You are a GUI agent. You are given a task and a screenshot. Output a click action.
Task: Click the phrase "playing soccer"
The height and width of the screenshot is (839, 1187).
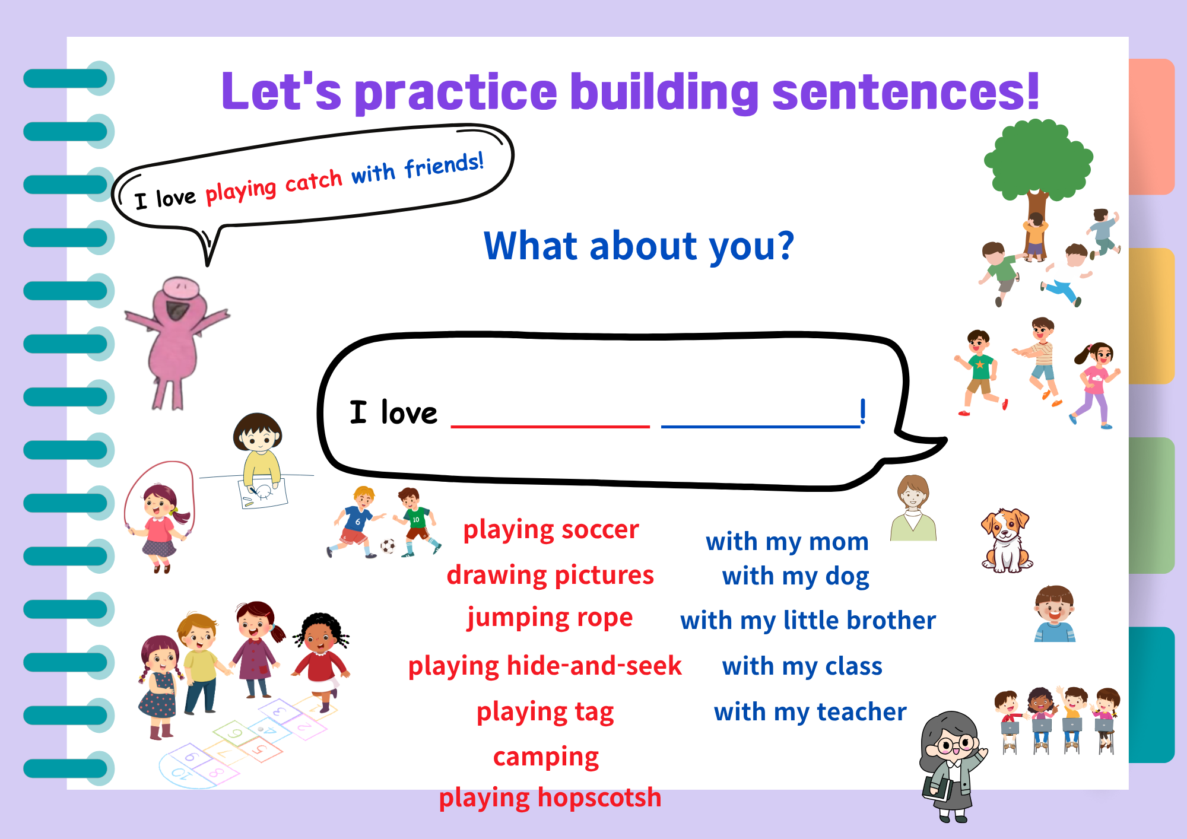pos(551,530)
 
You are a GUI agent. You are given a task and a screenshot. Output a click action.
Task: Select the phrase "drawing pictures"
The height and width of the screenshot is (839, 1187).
pos(550,576)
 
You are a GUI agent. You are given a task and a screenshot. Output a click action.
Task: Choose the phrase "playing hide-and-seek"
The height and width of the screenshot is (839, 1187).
pos(545,666)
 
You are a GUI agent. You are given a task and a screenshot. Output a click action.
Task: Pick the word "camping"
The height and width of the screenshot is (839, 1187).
pos(546,758)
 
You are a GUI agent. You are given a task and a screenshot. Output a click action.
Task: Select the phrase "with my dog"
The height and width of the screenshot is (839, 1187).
pos(795,577)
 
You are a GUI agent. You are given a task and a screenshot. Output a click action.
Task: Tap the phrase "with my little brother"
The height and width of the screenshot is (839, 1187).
pos(808,621)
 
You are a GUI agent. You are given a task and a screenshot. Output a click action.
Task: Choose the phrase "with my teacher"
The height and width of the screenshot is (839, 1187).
pos(810,712)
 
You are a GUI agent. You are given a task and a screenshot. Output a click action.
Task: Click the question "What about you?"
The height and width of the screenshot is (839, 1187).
pos(639,246)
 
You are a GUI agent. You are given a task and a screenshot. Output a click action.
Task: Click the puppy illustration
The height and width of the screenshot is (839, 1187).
pos(1006,540)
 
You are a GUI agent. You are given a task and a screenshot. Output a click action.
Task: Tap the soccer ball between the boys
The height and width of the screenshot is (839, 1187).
pos(388,546)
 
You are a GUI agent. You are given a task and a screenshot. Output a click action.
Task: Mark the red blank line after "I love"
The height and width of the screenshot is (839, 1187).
pos(550,426)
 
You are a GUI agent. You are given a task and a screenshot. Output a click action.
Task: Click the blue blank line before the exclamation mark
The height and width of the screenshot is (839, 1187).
pos(760,426)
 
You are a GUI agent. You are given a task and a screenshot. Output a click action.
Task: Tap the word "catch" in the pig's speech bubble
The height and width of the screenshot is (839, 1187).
pos(314,180)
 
